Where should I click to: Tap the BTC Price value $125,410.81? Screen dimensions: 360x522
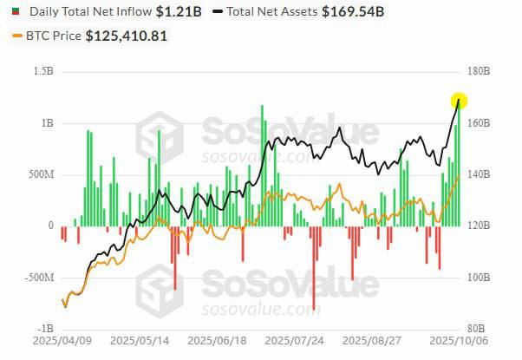127,36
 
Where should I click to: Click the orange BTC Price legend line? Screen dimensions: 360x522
17,36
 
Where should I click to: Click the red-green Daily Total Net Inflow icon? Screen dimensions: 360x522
15,13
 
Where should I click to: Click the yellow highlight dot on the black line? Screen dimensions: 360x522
459,101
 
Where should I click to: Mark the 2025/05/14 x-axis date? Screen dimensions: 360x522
139,344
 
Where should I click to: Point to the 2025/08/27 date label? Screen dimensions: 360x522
371,344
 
